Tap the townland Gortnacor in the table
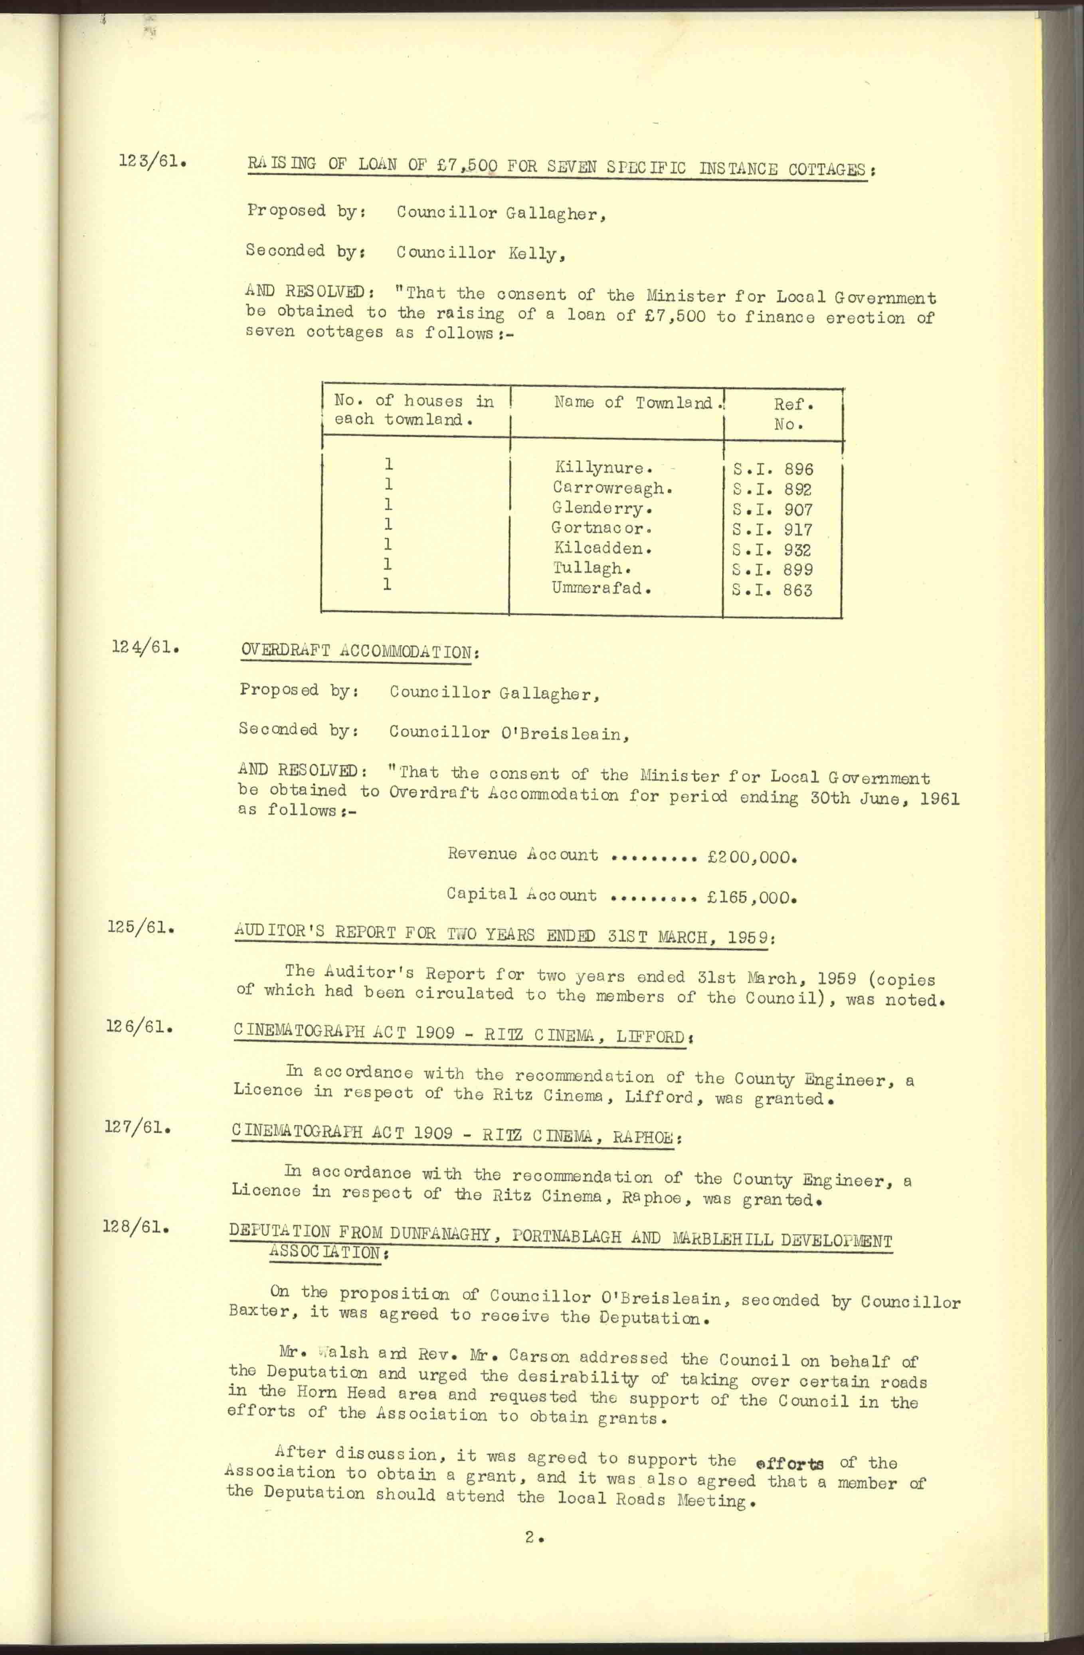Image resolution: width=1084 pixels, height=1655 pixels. point(598,529)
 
